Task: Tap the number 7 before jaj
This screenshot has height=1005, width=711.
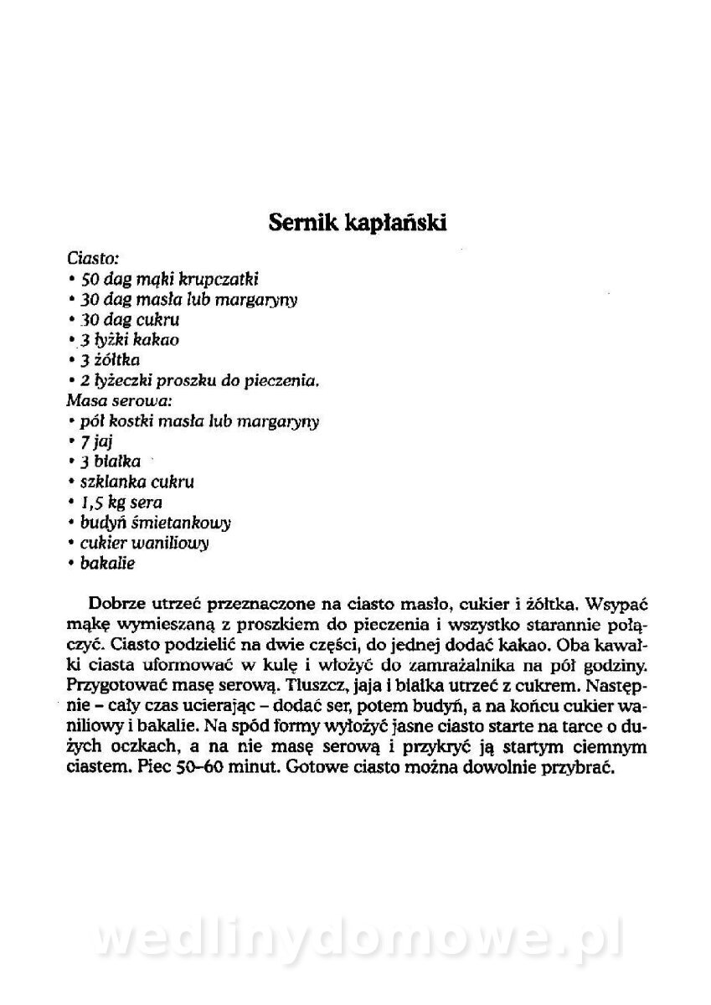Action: (x=85, y=442)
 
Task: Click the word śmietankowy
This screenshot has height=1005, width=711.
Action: (x=184, y=523)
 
